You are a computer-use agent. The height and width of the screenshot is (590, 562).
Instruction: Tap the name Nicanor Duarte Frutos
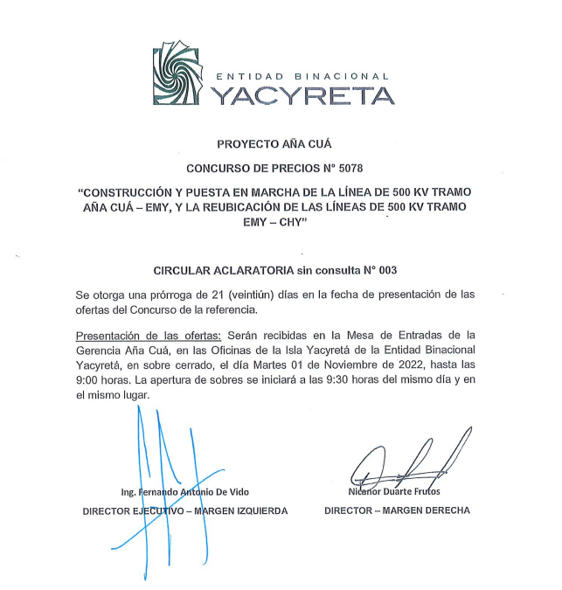(x=395, y=492)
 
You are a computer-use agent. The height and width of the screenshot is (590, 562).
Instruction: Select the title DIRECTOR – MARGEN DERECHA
(x=397, y=510)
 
